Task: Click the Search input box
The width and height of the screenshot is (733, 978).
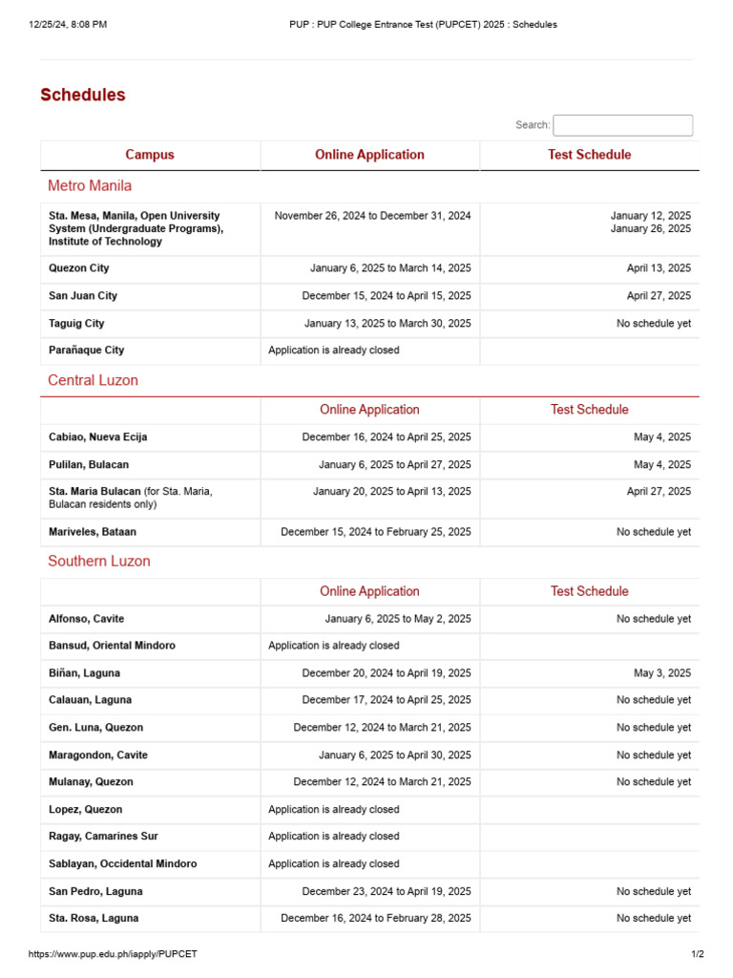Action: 622,125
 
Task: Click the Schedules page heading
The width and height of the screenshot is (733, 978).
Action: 83,95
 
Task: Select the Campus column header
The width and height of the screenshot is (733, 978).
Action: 150,155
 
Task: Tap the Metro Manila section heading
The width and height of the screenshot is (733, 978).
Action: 90,185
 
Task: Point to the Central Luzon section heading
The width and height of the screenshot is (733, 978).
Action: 93,380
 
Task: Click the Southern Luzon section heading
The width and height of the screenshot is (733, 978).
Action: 99,561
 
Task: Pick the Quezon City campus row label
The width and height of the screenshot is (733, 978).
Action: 79,268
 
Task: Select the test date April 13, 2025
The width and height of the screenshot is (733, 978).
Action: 659,268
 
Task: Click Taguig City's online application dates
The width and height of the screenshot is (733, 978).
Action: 387,324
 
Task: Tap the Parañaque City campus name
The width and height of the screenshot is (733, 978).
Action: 87,351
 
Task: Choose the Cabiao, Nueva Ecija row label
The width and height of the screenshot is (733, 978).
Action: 98,437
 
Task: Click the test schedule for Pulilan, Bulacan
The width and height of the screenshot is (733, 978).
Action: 662,465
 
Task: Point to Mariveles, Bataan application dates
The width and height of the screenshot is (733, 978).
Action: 376,532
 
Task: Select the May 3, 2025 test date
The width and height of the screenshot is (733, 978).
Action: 662,673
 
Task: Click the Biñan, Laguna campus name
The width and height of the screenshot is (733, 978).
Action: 85,673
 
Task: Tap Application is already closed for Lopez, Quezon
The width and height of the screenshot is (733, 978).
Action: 334,809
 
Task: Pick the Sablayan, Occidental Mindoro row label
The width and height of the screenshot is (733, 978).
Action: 123,863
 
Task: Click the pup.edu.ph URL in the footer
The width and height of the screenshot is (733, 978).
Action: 113,954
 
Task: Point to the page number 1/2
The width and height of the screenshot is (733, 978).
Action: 697,954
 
